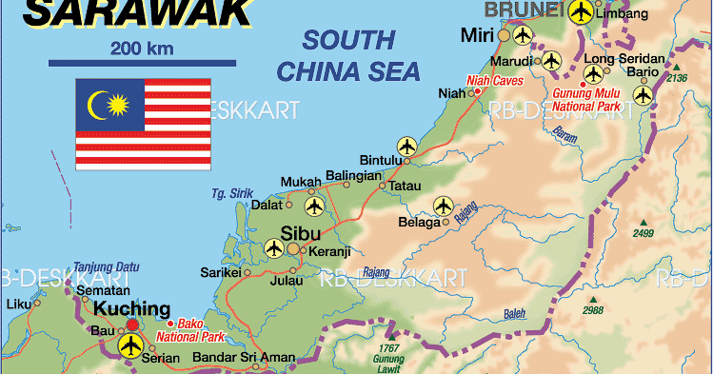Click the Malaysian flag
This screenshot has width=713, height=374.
[x=143, y=125]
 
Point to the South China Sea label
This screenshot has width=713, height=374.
[x=347, y=54]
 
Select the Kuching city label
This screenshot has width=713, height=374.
[x=131, y=309]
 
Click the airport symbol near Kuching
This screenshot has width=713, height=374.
[x=130, y=344]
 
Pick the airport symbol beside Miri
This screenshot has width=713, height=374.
[x=522, y=35]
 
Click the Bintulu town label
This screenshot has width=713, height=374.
[x=382, y=160]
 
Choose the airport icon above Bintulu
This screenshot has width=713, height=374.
[x=407, y=147]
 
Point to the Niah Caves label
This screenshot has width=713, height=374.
[x=495, y=81]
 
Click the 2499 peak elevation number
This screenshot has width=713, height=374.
[x=644, y=233]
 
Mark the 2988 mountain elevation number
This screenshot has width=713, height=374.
[x=593, y=310]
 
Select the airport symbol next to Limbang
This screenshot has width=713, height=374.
[x=581, y=12]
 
